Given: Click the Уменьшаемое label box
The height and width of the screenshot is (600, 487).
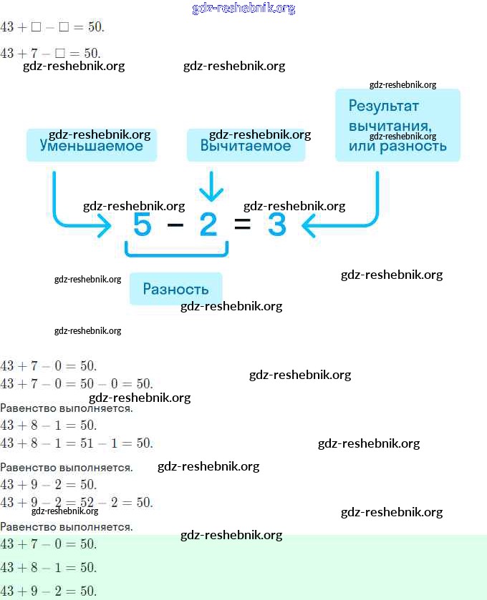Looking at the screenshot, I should (91, 145).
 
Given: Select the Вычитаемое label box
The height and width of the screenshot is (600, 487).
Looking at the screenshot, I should (246, 145).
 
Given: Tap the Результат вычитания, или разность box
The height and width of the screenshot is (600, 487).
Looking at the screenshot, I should (397, 125).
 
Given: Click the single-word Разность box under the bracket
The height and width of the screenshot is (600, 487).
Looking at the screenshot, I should (175, 289).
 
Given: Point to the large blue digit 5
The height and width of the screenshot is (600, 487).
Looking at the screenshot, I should (143, 225).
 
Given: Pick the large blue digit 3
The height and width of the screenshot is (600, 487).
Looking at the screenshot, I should (276, 225).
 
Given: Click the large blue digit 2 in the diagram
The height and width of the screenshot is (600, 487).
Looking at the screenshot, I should (208, 225).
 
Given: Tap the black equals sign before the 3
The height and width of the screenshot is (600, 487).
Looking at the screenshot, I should (243, 225).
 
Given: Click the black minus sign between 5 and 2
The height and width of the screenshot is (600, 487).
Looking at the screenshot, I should (175, 225).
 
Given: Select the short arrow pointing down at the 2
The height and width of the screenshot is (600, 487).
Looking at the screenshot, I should (211, 187).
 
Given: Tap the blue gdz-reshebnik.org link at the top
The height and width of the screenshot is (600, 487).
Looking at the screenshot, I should (243, 9).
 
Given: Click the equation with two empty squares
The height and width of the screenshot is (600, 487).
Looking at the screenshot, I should (52, 27).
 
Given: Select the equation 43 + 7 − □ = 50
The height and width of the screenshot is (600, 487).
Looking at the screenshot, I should (50, 53).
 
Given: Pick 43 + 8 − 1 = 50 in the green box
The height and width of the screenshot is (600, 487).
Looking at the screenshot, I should (48, 568).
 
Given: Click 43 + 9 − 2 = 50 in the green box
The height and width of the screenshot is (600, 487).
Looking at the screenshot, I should (48, 591).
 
